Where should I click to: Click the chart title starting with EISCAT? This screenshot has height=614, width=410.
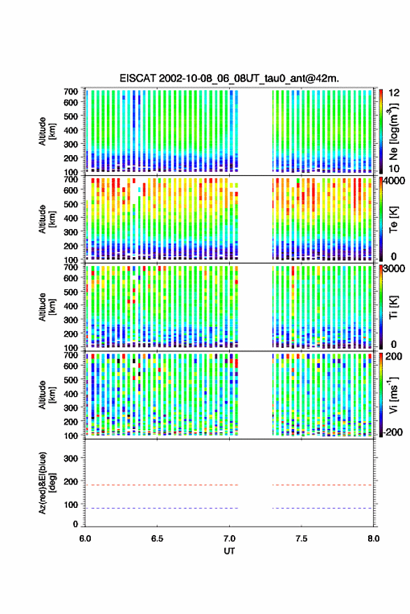point(229,78)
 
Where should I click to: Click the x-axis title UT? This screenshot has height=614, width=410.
point(229,551)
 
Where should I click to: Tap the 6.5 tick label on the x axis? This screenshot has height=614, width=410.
point(157,539)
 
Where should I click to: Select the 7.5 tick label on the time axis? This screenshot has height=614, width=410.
point(301,539)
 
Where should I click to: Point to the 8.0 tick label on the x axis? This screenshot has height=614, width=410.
point(373,539)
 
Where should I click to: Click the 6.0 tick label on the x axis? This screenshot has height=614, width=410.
point(85,539)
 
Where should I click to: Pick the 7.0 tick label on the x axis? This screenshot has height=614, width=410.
point(229,539)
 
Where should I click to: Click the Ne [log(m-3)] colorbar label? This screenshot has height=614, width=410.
point(393,131)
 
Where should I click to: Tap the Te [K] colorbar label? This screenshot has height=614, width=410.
point(393,219)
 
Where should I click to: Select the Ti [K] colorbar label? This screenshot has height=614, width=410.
point(393,307)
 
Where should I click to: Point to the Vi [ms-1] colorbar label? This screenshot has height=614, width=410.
point(393,395)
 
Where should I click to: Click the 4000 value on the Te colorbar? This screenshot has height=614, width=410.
point(395,182)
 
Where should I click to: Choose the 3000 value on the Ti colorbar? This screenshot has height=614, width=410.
point(395,268)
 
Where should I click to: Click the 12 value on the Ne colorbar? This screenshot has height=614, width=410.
point(395,93)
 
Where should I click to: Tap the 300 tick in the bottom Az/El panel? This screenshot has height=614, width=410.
point(71,458)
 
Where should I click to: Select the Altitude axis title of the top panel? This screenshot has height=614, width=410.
point(47,131)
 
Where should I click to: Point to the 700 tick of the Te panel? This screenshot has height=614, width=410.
point(71,180)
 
